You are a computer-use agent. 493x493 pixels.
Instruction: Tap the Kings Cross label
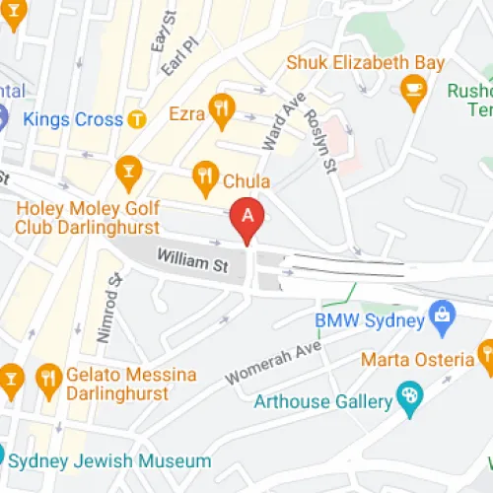coord(73,120)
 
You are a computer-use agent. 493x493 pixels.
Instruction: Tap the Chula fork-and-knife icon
coord(205,177)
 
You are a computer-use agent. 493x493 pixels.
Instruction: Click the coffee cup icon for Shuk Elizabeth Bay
coord(414,95)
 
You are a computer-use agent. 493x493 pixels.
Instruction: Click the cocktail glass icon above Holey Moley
coord(127,174)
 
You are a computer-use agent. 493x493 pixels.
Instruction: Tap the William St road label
coord(192,262)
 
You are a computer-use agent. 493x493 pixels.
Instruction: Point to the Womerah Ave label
coord(273,363)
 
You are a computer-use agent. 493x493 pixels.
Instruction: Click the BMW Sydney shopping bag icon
coord(441,318)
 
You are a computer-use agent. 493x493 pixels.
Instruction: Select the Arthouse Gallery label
coord(321,401)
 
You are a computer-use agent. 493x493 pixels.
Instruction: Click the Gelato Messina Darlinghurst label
coord(130,385)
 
